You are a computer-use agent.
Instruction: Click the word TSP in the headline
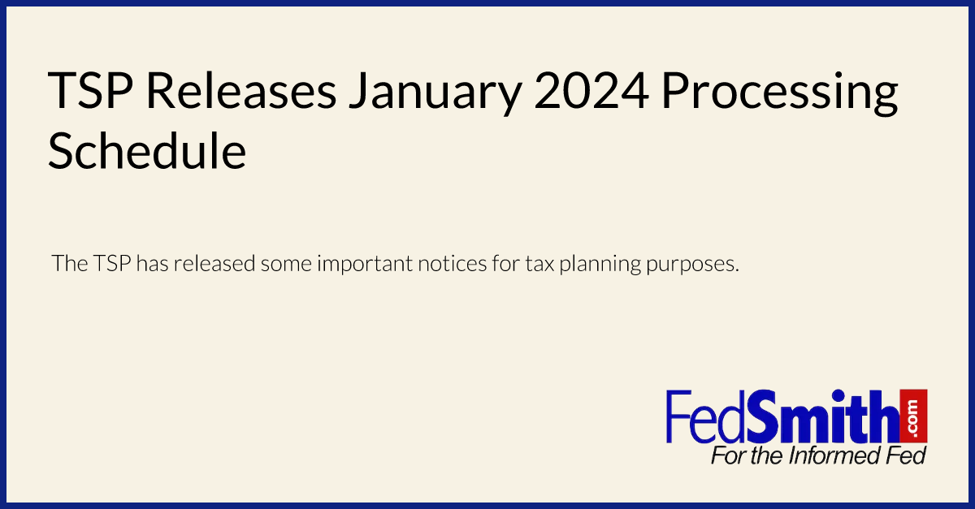(x=90, y=91)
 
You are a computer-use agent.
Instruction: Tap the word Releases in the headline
(x=241, y=90)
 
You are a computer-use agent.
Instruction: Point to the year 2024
(x=591, y=91)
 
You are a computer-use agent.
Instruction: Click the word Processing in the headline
(x=779, y=94)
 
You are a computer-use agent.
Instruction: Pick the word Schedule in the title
(x=147, y=150)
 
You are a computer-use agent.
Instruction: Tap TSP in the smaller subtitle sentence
(x=112, y=263)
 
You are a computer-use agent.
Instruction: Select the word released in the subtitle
(x=214, y=263)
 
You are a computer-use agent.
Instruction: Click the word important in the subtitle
(x=365, y=265)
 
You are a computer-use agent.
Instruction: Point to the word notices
(x=453, y=263)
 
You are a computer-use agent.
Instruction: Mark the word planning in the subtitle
(x=600, y=265)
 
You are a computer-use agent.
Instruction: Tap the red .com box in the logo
(x=913, y=416)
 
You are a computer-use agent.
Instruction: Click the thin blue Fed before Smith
(x=705, y=417)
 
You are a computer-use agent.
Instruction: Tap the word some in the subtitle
(x=286, y=264)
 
